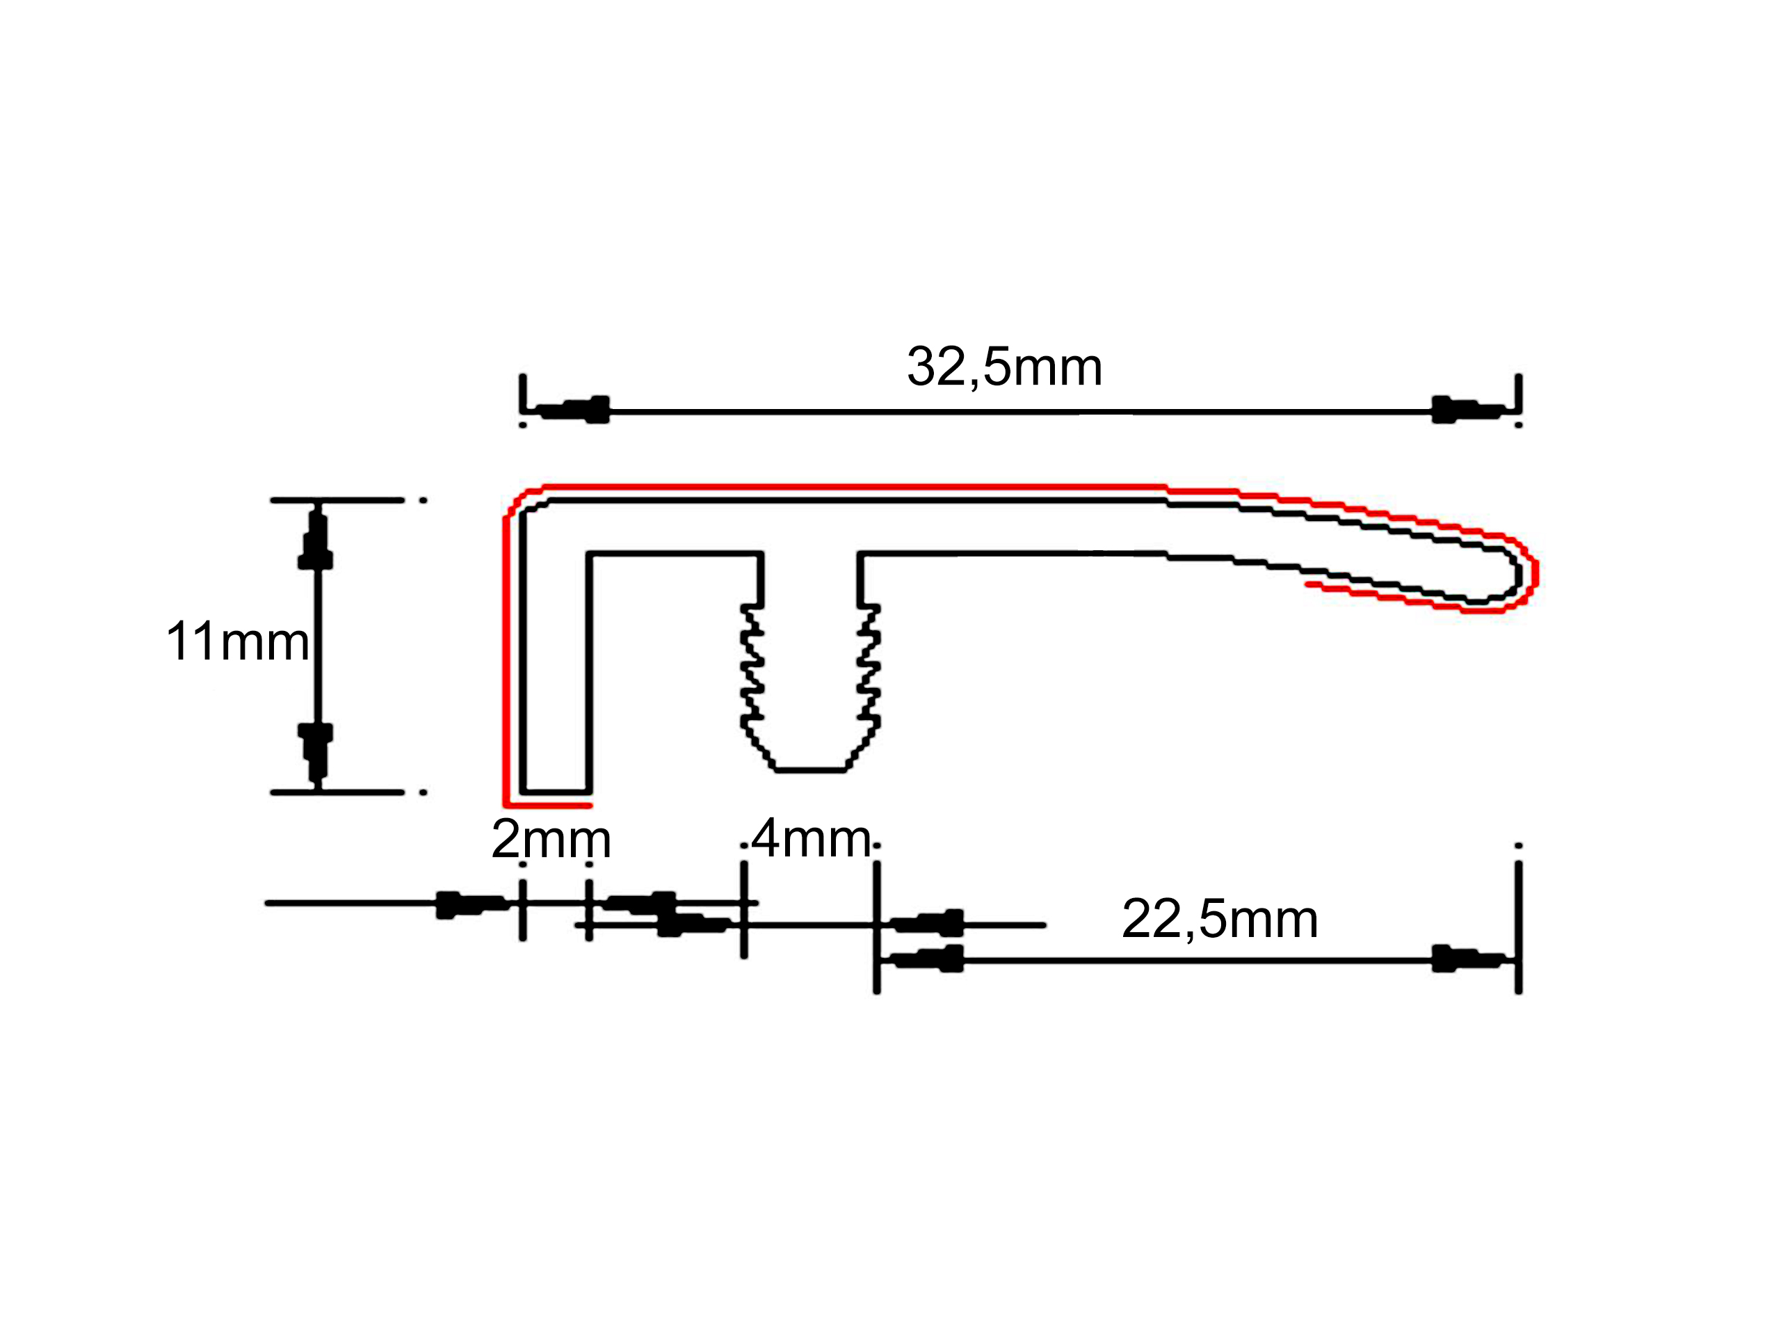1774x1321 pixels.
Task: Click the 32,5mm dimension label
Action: pos(1004,368)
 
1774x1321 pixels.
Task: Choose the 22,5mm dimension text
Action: pos(1220,919)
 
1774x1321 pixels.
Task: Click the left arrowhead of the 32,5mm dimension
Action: pos(572,410)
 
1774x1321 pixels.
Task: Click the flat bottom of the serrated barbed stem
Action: pos(811,770)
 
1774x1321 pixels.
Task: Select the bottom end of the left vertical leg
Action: pos(556,792)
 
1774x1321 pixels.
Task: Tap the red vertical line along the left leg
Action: pos(506,659)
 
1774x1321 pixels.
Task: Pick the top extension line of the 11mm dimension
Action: pos(337,501)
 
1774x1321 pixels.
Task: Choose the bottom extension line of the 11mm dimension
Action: pos(337,792)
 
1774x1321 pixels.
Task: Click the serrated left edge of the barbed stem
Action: pos(752,668)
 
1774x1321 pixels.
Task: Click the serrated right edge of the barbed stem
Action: pos(869,668)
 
